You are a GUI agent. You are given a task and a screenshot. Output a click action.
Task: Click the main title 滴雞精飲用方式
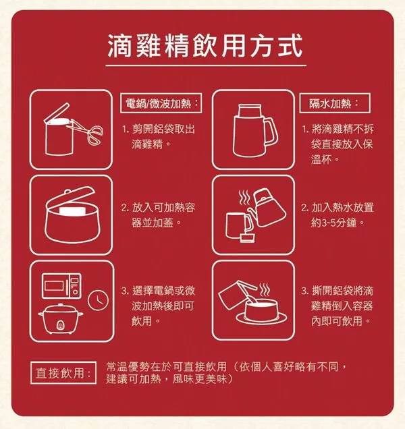205,46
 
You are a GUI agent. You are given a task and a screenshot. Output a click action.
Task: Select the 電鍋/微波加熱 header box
161,103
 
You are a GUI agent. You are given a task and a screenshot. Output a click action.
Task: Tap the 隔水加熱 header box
335,103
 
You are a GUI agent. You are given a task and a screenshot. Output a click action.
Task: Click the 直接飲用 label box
63,372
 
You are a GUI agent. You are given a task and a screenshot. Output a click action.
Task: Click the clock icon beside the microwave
98,300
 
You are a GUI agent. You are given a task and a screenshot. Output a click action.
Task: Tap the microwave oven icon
61,285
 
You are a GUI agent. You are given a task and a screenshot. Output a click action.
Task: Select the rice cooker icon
61,319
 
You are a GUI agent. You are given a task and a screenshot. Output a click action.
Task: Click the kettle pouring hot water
267,208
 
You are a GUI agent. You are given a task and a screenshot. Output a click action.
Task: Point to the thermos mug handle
271,133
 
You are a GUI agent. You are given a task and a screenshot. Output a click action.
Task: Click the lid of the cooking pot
70,196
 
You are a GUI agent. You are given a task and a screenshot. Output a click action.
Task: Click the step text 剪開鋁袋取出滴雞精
159,136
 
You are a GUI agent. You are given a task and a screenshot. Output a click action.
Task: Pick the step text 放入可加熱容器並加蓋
159,215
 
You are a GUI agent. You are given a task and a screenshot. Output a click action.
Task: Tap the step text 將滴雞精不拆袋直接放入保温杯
338,144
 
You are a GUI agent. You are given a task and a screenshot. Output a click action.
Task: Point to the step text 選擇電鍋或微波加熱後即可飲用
158,306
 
